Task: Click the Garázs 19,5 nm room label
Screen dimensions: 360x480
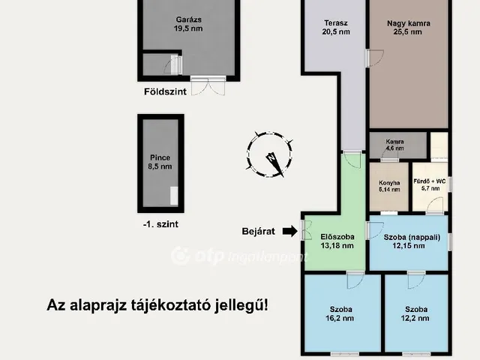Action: [x=187, y=23]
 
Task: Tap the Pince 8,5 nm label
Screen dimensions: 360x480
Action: [x=160, y=162]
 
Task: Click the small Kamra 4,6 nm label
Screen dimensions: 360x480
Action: [x=395, y=145]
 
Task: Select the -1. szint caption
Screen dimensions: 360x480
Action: [x=160, y=223]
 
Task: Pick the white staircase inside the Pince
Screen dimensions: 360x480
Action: [x=174, y=196]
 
